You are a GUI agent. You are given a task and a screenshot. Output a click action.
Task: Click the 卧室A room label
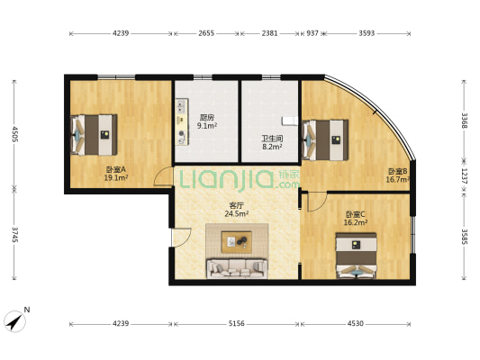(116, 168)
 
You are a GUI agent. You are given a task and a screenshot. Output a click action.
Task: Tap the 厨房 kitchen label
(207, 117)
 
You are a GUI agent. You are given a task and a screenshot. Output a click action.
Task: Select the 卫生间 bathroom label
(272, 139)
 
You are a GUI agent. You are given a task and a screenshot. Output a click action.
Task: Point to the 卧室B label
(397, 170)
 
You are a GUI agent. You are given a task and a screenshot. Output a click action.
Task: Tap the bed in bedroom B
(325, 139)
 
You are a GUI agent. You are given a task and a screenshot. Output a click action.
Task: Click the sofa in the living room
(237, 267)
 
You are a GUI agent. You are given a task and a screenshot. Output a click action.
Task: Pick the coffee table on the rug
(238, 240)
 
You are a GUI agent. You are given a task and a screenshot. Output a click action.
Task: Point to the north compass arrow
(16, 319)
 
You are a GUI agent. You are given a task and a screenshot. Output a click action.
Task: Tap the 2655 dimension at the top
(206, 34)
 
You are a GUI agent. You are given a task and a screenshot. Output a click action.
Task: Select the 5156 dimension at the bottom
(237, 323)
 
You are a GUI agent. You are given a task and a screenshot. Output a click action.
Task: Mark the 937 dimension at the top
(312, 34)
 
